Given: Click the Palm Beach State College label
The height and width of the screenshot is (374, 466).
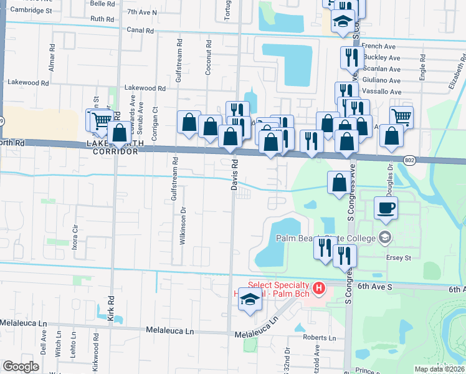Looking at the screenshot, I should pos(324,237).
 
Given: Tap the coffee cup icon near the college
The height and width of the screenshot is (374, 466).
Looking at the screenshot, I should pos(386,208).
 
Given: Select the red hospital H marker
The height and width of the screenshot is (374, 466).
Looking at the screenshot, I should pos(318,288).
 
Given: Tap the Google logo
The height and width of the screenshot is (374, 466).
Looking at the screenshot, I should pos(21,367).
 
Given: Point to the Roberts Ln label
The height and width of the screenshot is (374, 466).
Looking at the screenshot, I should pos(320,338).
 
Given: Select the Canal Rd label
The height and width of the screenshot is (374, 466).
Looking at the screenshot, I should pos(140,30).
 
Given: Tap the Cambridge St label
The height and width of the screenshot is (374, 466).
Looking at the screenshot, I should pos(31,11).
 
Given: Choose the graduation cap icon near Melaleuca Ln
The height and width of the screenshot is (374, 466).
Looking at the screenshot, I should pos(250,299).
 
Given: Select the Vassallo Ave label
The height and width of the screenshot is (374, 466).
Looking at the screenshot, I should pos(381,92).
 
